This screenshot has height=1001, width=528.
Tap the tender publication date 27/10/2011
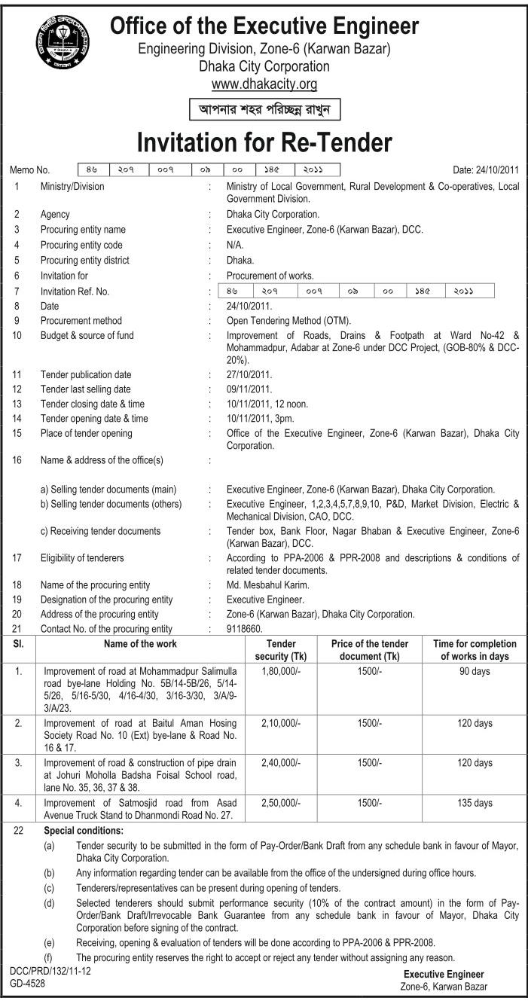click(x=249, y=374)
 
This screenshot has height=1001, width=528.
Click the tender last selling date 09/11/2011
click(x=249, y=389)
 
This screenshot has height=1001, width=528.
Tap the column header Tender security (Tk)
click(x=282, y=650)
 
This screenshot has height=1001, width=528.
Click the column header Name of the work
click(x=140, y=645)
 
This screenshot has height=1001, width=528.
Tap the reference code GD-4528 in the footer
click(x=27, y=984)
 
